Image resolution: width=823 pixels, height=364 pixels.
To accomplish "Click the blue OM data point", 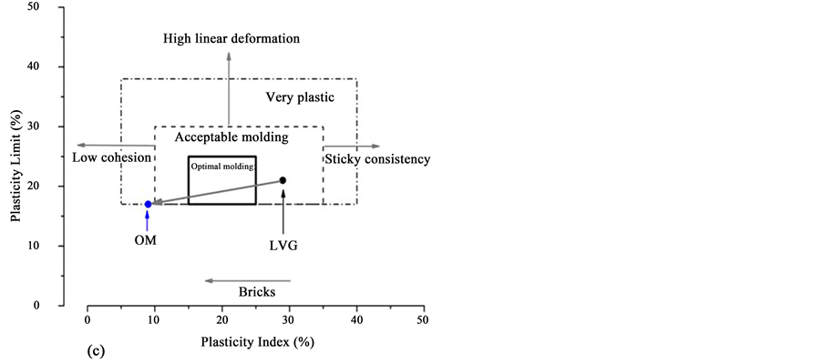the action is pos(148,204).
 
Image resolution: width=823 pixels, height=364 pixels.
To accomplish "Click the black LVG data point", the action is pos(283,180).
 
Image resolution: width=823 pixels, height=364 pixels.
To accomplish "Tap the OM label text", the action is pos(147,241).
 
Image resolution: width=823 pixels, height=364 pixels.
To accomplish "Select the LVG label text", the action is pos(283,244).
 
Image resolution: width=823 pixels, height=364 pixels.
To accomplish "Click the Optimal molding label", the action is pos(222,167).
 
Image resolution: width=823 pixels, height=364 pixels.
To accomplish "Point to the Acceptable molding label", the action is pos(231,137).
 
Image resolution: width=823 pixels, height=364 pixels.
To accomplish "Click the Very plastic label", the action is pos(300,97).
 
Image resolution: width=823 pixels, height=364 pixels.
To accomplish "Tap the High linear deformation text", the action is pos(231,39).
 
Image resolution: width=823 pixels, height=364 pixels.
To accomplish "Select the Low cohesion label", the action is pos(112,157).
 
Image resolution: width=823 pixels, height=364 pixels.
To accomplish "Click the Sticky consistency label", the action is pos(377,158).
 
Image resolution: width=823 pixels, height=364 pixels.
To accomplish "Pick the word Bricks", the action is pos(257,292).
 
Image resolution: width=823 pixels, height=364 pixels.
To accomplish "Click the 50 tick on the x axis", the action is pos(424,319).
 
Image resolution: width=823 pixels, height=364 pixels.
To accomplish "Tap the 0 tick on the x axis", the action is pos(87,319).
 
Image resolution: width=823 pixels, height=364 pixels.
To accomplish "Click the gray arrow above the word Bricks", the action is pos(247,280).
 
